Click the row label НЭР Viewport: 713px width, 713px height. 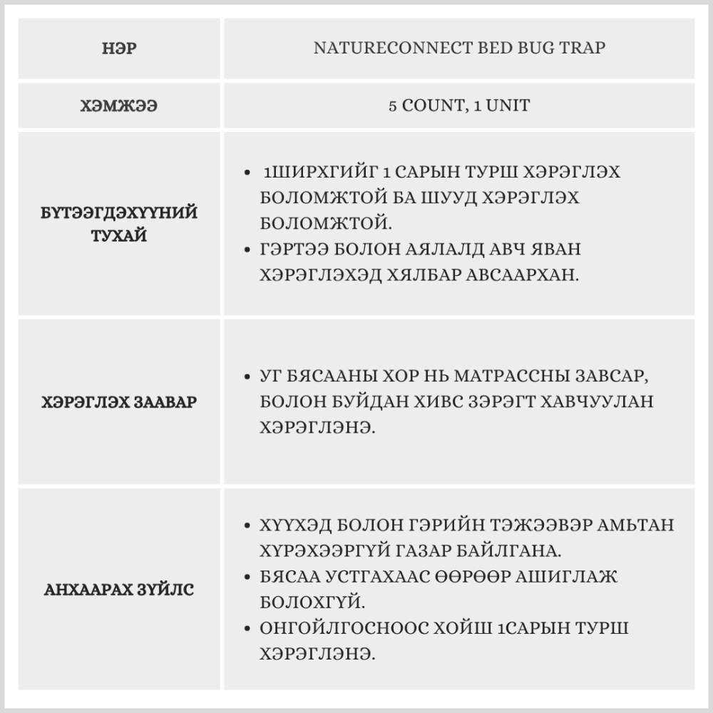[120, 48]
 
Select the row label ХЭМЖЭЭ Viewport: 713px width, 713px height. [120, 106]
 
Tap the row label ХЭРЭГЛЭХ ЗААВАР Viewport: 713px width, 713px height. [120, 401]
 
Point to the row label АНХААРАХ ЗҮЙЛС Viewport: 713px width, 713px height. [120, 590]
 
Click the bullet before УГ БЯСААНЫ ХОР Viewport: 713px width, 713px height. [247, 376]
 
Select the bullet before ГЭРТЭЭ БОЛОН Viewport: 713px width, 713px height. [247, 250]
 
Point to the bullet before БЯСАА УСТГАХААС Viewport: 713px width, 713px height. [247, 577]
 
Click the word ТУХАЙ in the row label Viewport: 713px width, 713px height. [120, 235]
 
